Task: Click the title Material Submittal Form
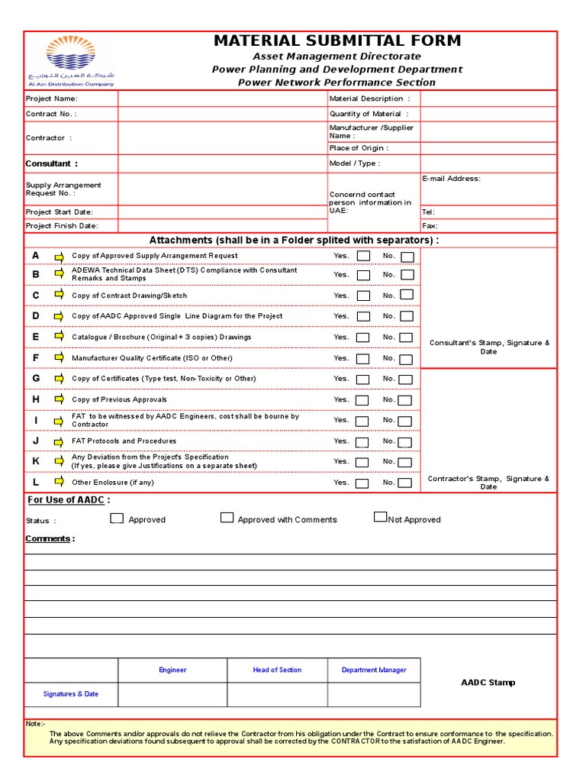(x=336, y=41)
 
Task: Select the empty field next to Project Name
(x=222, y=99)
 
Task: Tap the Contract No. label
(x=51, y=114)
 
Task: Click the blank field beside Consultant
(x=222, y=163)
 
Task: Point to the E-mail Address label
(x=451, y=179)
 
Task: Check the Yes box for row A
(x=364, y=256)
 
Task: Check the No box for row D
(x=407, y=315)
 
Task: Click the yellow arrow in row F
(x=59, y=357)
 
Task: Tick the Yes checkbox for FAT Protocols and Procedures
(x=362, y=441)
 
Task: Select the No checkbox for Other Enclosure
(x=405, y=483)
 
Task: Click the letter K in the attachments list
(x=36, y=461)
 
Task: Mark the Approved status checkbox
(x=117, y=518)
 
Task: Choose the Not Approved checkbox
(x=380, y=517)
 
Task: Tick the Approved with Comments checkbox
(x=227, y=518)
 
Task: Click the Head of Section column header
(x=277, y=670)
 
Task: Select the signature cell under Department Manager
(x=374, y=694)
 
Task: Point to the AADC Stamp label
(x=488, y=683)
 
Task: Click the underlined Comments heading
(x=50, y=538)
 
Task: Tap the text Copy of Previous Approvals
(x=119, y=399)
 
